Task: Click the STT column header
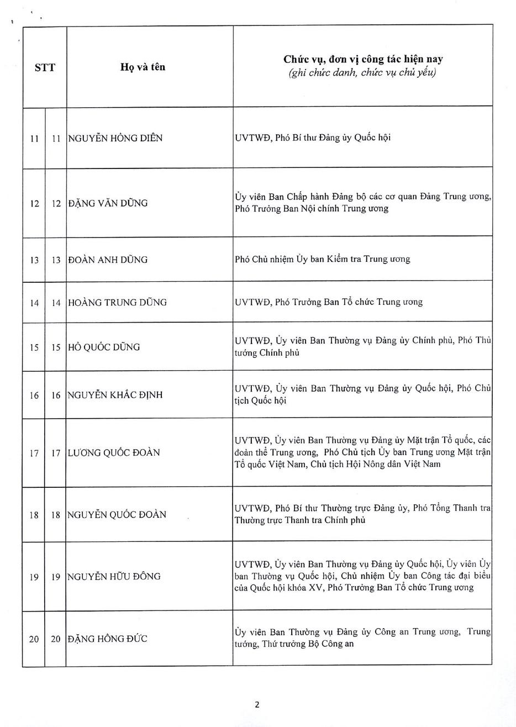click(x=45, y=67)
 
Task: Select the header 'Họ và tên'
click(x=143, y=67)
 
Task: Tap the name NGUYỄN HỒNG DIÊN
click(x=115, y=138)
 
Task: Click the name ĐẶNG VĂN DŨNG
click(x=108, y=203)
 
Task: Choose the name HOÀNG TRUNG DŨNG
click(x=117, y=302)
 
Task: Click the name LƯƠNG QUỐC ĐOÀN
click(x=114, y=452)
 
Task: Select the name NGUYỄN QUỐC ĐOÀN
click(x=117, y=514)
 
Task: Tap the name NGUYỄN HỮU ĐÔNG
click(x=114, y=576)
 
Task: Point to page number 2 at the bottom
click(x=257, y=704)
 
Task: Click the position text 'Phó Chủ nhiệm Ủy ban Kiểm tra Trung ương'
click(x=322, y=259)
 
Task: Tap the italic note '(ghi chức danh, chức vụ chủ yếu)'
click(x=362, y=73)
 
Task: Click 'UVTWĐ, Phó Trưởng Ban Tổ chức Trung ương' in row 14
click(x=328, y=302)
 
